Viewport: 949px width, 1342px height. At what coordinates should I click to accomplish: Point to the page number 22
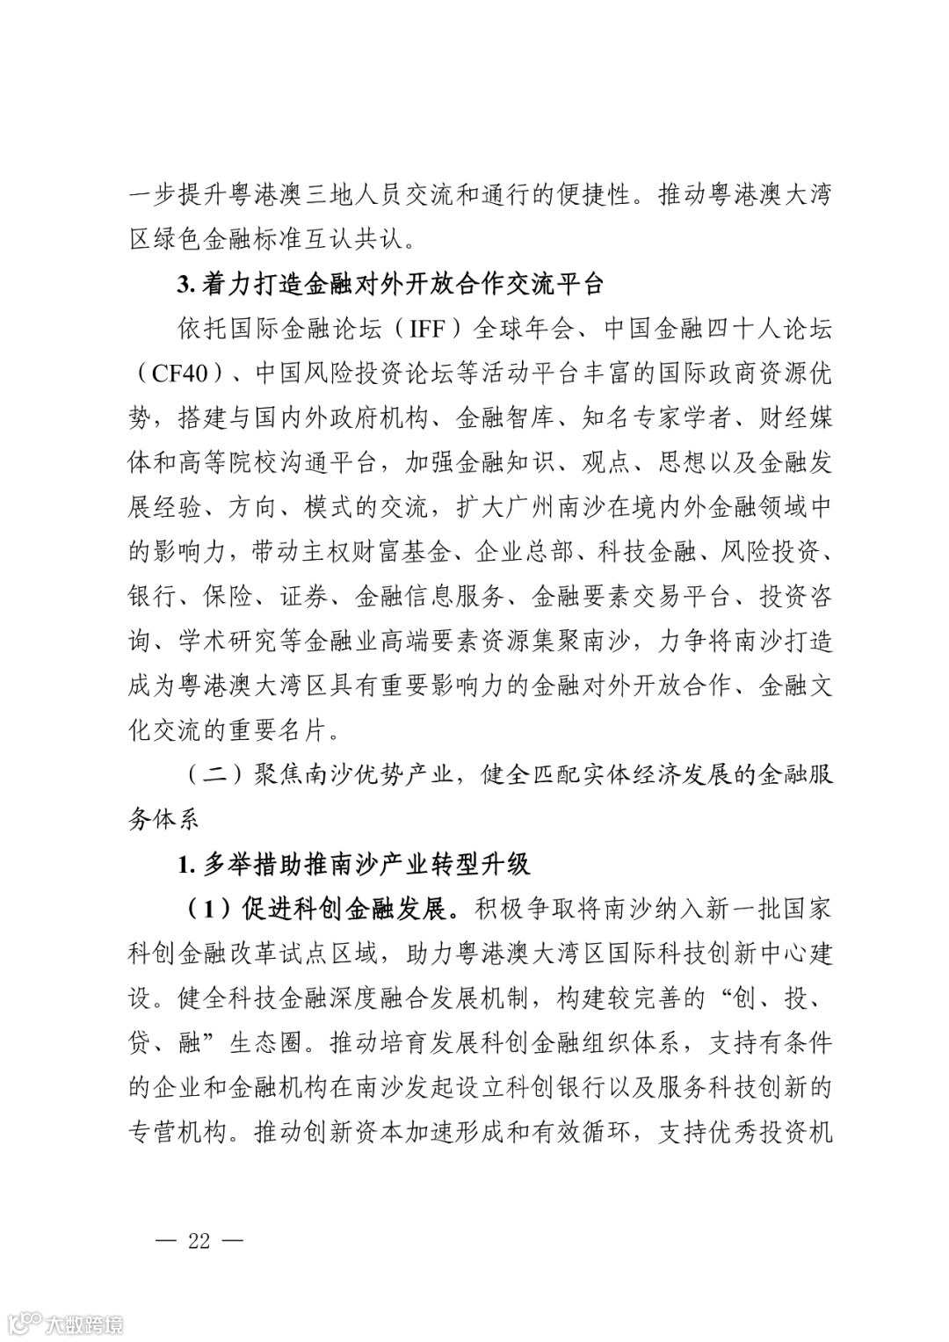coord(199,1240)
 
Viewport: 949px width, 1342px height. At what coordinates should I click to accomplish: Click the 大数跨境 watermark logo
coord(67,1322)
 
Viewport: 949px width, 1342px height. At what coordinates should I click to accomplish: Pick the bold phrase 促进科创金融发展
coord(351,909)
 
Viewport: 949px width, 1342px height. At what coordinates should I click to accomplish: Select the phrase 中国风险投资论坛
coord(344,374)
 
